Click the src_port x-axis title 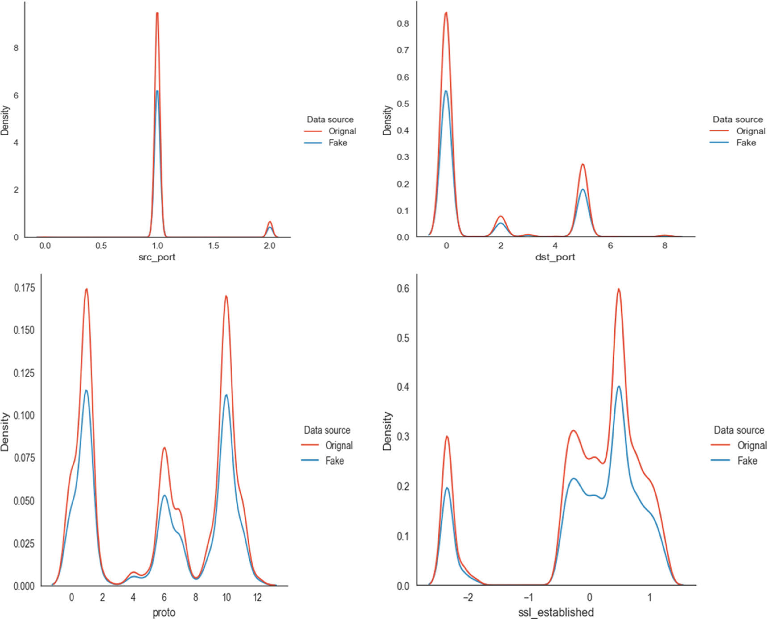pos(157,257)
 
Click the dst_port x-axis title pos(555,257)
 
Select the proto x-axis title pos(164,612)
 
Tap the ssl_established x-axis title pos(556,612)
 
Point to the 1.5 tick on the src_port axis pos(214,246)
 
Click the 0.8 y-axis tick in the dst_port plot pos(403,24)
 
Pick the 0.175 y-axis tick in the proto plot pos(24,288)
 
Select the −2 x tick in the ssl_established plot pos(467,597)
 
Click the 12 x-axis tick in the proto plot pos(257,597)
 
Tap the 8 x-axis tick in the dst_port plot pos(665,246)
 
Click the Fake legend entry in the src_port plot pos(337,143)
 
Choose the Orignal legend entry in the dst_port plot pos(750,131)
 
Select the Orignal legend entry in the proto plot pos(339,445)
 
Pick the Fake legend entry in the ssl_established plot pos(747,461)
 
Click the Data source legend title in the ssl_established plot pos(738,430)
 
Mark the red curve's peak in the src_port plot pos(157,13)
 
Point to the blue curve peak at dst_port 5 pos(583,190)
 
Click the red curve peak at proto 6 pos(164,448)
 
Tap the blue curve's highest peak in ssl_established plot pos(619,387)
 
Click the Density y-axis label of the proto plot pos(5,431)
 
